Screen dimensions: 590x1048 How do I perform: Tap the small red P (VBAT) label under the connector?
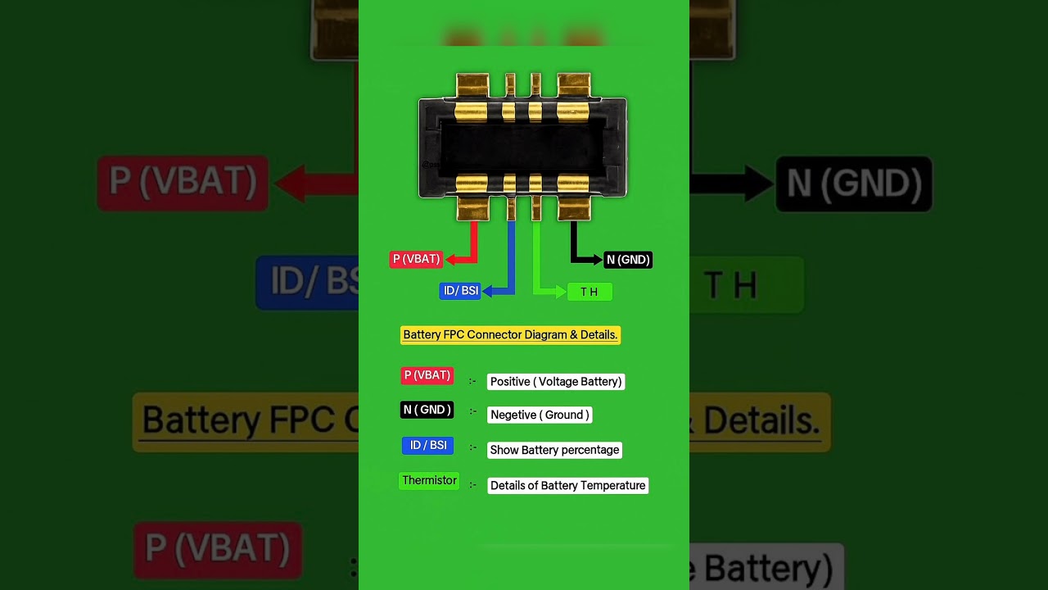coord(416,259)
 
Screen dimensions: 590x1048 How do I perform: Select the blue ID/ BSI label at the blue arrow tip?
coord(460,291)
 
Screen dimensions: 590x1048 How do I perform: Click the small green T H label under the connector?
coord(589,292)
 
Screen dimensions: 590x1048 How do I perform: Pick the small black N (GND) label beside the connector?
coord(628,260)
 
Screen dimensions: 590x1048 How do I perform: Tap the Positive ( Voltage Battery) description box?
coord(556,382)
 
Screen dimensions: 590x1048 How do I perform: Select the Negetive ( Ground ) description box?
coord(539,415)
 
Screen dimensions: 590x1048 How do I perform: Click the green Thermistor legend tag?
coord(429,481)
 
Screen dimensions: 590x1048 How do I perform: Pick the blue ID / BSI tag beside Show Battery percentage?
coord(427,446)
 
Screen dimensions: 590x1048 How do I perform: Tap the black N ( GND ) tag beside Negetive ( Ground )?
coord(427,410)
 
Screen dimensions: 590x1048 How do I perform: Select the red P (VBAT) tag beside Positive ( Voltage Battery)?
coord(427,375)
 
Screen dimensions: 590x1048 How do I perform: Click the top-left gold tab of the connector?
coord(472,85)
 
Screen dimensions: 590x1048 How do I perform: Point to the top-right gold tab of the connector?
coord(573,85)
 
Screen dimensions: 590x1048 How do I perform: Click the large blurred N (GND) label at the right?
coord(854,184)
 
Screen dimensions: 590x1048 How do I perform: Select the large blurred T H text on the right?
coord(731,286)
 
